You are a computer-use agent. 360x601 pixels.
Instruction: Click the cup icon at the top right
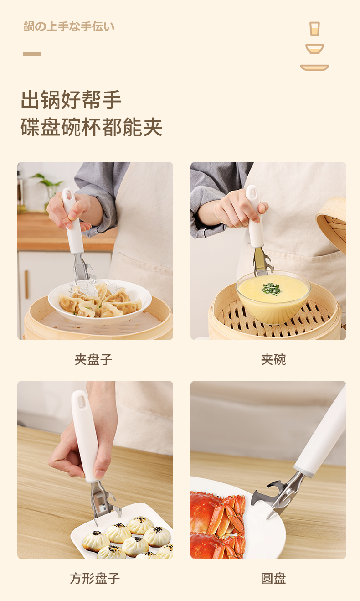pyautogui.click(x=314, y=29)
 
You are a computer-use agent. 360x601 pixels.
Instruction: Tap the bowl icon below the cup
pyautogui.click(x=314, y=49)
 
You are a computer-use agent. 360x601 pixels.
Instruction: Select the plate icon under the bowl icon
pyautogui.click(x=314, y=67)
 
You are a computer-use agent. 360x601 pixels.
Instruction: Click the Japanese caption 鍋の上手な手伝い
pyautogui.click(x=69, y=26)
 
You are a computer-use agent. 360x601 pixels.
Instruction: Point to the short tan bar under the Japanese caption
pyautogui.click(x=32, y=54)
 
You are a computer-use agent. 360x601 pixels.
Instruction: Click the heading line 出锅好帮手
pyautogui.click(x=71, y=99)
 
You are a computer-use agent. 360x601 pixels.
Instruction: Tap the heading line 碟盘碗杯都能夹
pyautogui.click(x=92, y=127)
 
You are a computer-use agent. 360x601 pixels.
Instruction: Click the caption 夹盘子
pyautogui.click(x=93, y=359)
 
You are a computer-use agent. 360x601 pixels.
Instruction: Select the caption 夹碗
pyautogui.click(x=273, y=359)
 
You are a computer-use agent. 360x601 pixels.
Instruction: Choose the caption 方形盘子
pyautogui.click(x=95, y=578)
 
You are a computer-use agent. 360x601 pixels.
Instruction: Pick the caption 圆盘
pyautogui.click(x=273, y=578)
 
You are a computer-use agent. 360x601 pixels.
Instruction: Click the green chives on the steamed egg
pyautogui.click(x=272, y=289)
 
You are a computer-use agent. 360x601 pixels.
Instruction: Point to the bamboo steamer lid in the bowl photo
pyautogui.click(x=332, y=225)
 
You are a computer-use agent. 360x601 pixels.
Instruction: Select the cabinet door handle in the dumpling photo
pyautogui.click(x=26, y=285)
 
